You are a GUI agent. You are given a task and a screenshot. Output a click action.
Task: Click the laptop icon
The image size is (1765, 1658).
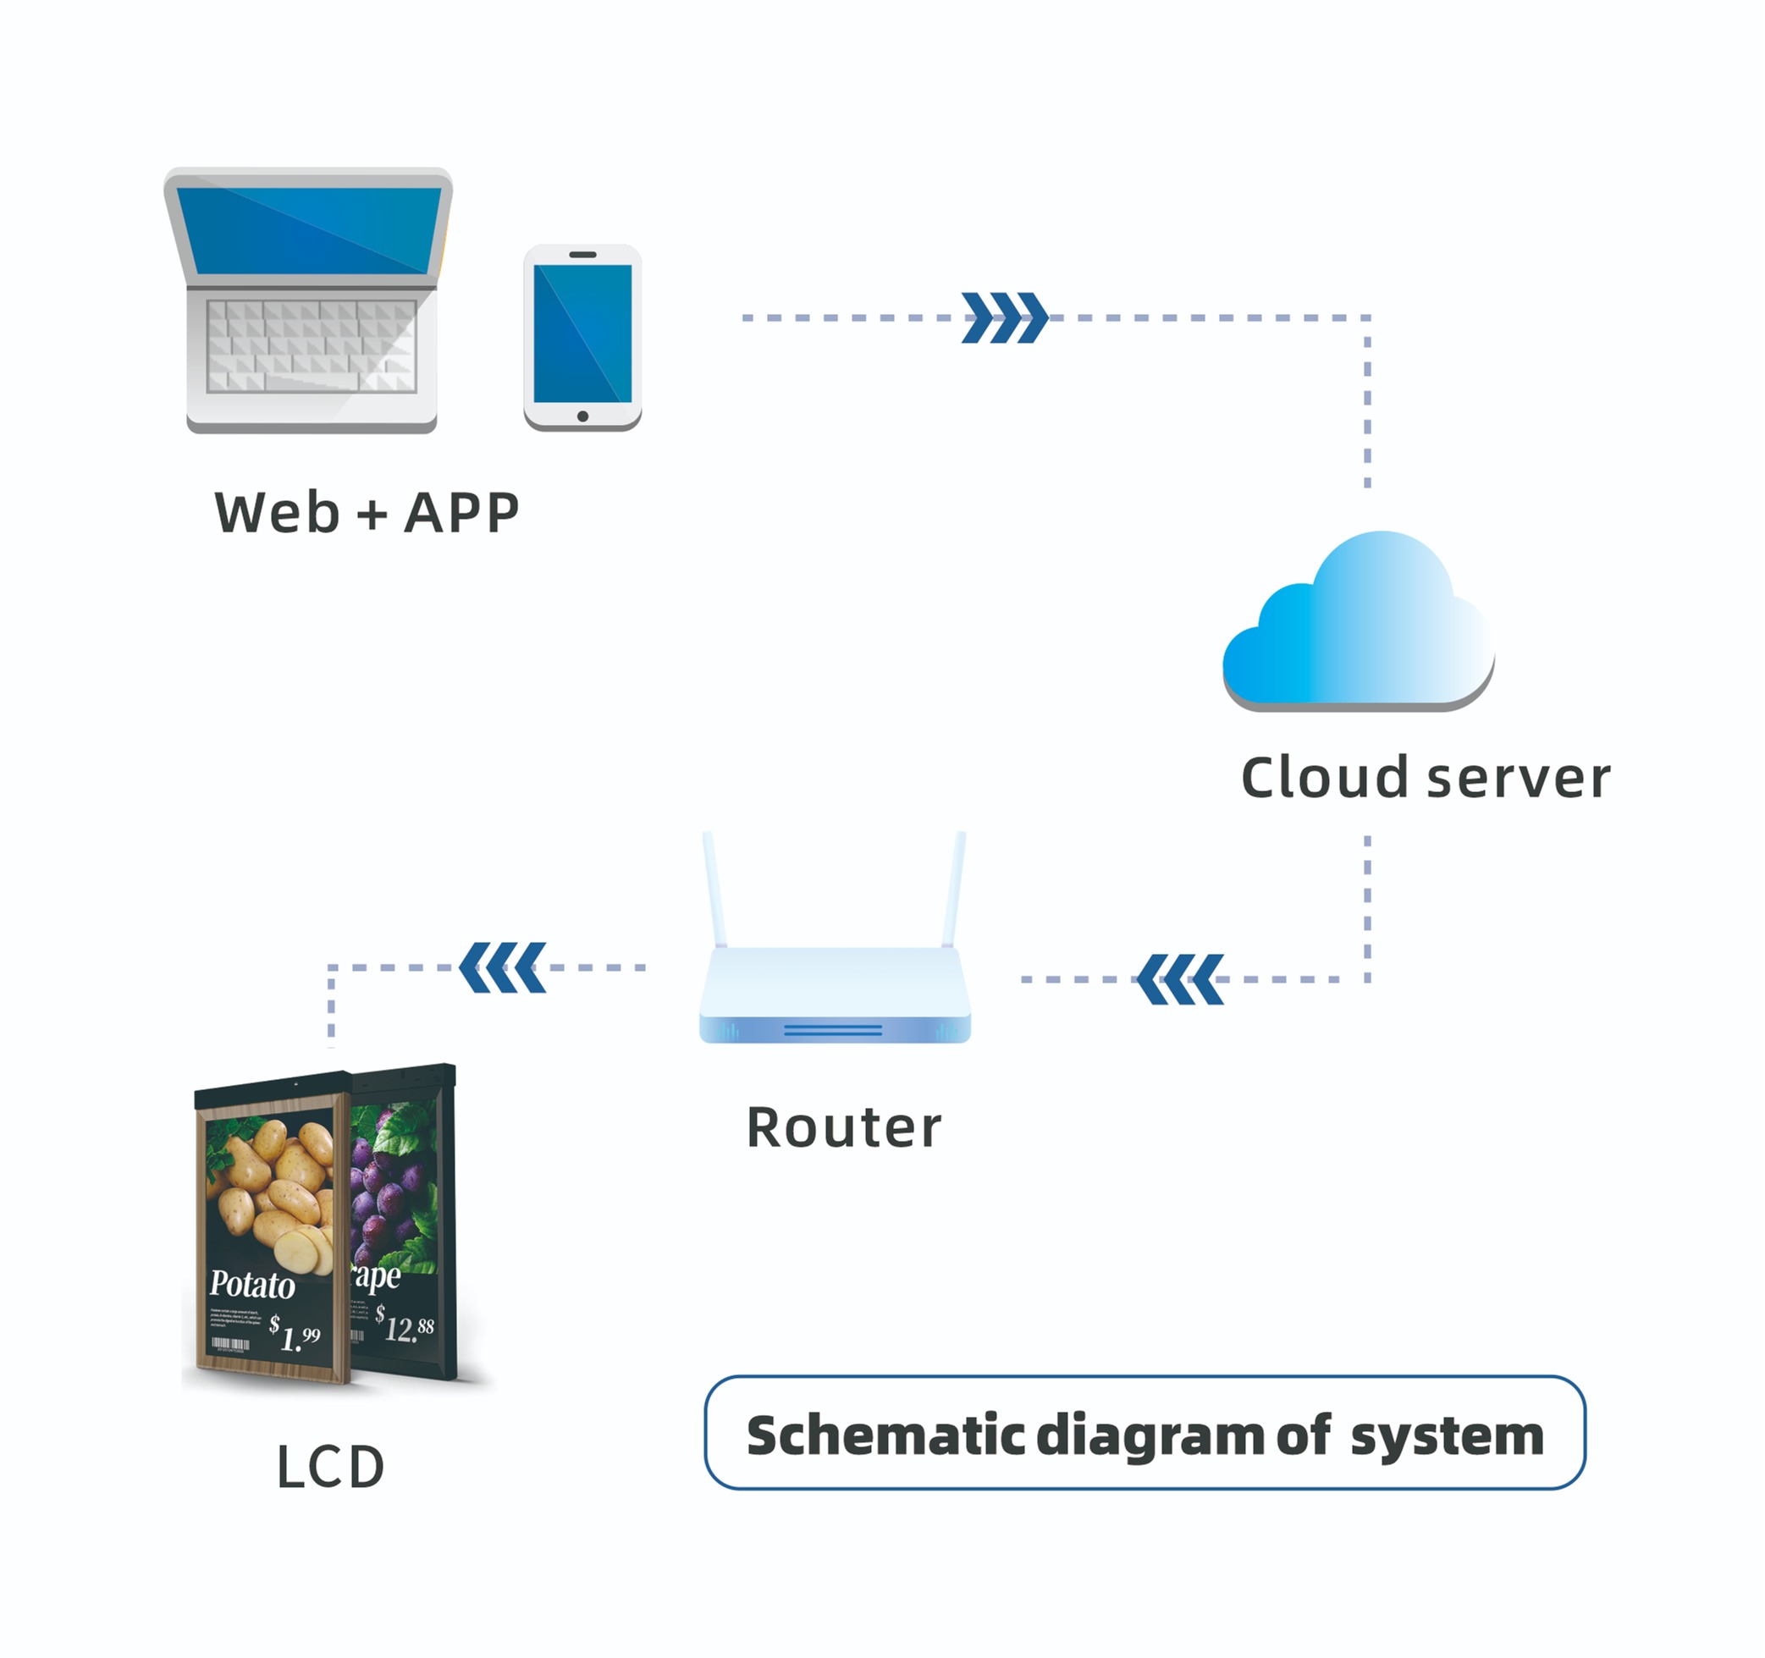[309, 299]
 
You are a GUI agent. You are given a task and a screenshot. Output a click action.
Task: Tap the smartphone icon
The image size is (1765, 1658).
[582, 338]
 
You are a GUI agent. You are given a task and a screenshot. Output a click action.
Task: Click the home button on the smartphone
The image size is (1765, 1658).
[582, 416]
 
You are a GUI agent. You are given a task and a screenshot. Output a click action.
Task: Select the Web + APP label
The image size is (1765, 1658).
[367, 513]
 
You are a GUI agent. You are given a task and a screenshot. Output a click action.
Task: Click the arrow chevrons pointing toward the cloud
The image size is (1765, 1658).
[1004, 317]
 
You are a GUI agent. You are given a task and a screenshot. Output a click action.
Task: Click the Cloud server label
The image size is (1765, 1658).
[1425, 778]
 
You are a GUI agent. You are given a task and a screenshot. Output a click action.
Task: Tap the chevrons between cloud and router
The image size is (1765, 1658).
[1180, 979]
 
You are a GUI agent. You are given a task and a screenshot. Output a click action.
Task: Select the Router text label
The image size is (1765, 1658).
[843, 1127]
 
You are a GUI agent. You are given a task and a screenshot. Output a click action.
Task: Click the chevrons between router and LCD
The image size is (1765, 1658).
[503, 967]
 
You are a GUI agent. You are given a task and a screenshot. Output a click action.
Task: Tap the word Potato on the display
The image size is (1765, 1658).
[252, 1284]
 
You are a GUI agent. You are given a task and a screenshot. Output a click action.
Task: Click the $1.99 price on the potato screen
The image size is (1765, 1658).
[295, 1333]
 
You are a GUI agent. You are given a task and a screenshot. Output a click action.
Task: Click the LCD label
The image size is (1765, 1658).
[330, 1468]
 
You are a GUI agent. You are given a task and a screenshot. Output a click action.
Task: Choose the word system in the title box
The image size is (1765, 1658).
[1448, 1435]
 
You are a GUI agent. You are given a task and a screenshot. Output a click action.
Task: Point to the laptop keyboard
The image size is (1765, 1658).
[312, 346]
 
